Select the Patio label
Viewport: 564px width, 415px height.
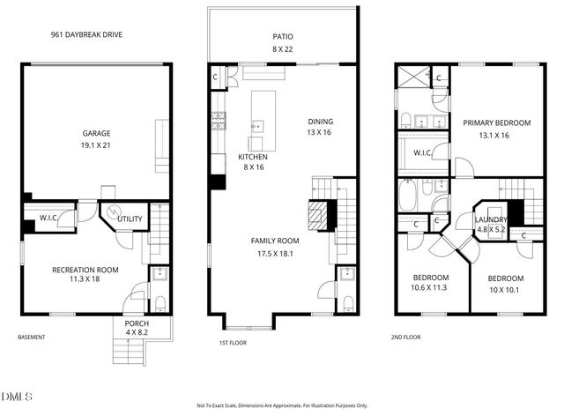(282, 36)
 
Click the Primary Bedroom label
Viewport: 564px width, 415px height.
(497, 123)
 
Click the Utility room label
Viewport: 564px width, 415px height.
(130, 219)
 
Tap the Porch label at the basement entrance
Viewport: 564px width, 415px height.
(136, 323)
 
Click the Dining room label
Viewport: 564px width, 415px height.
(320, 122)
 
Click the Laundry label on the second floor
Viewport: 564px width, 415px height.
(491, 219)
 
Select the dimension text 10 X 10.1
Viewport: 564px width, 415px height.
(506, 286)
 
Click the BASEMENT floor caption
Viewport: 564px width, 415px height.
(32, 337)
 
